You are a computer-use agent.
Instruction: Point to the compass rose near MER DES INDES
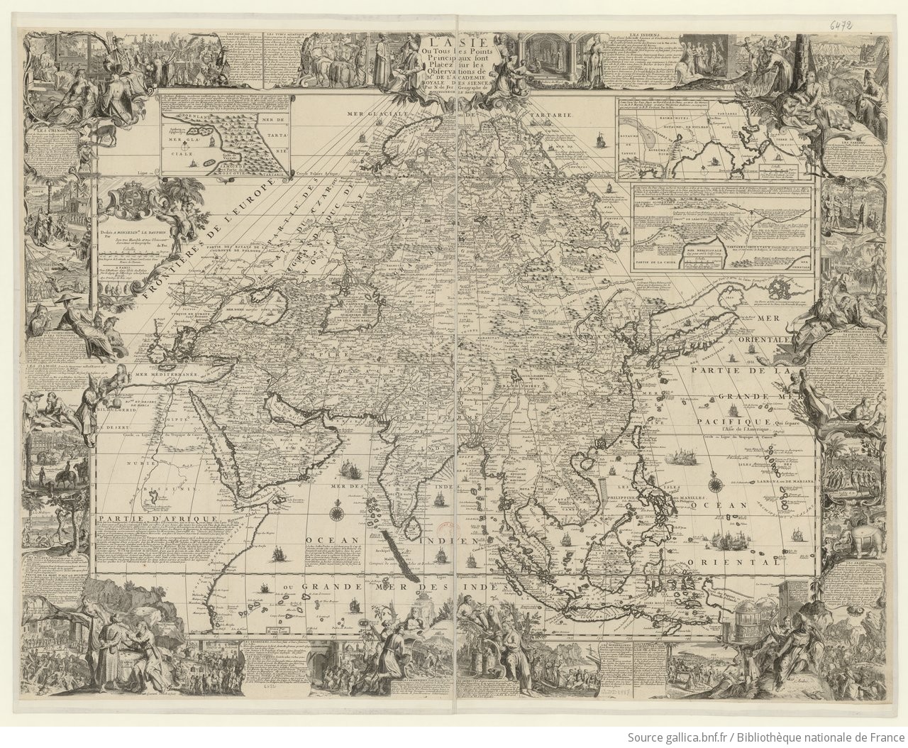coord(336,510)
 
